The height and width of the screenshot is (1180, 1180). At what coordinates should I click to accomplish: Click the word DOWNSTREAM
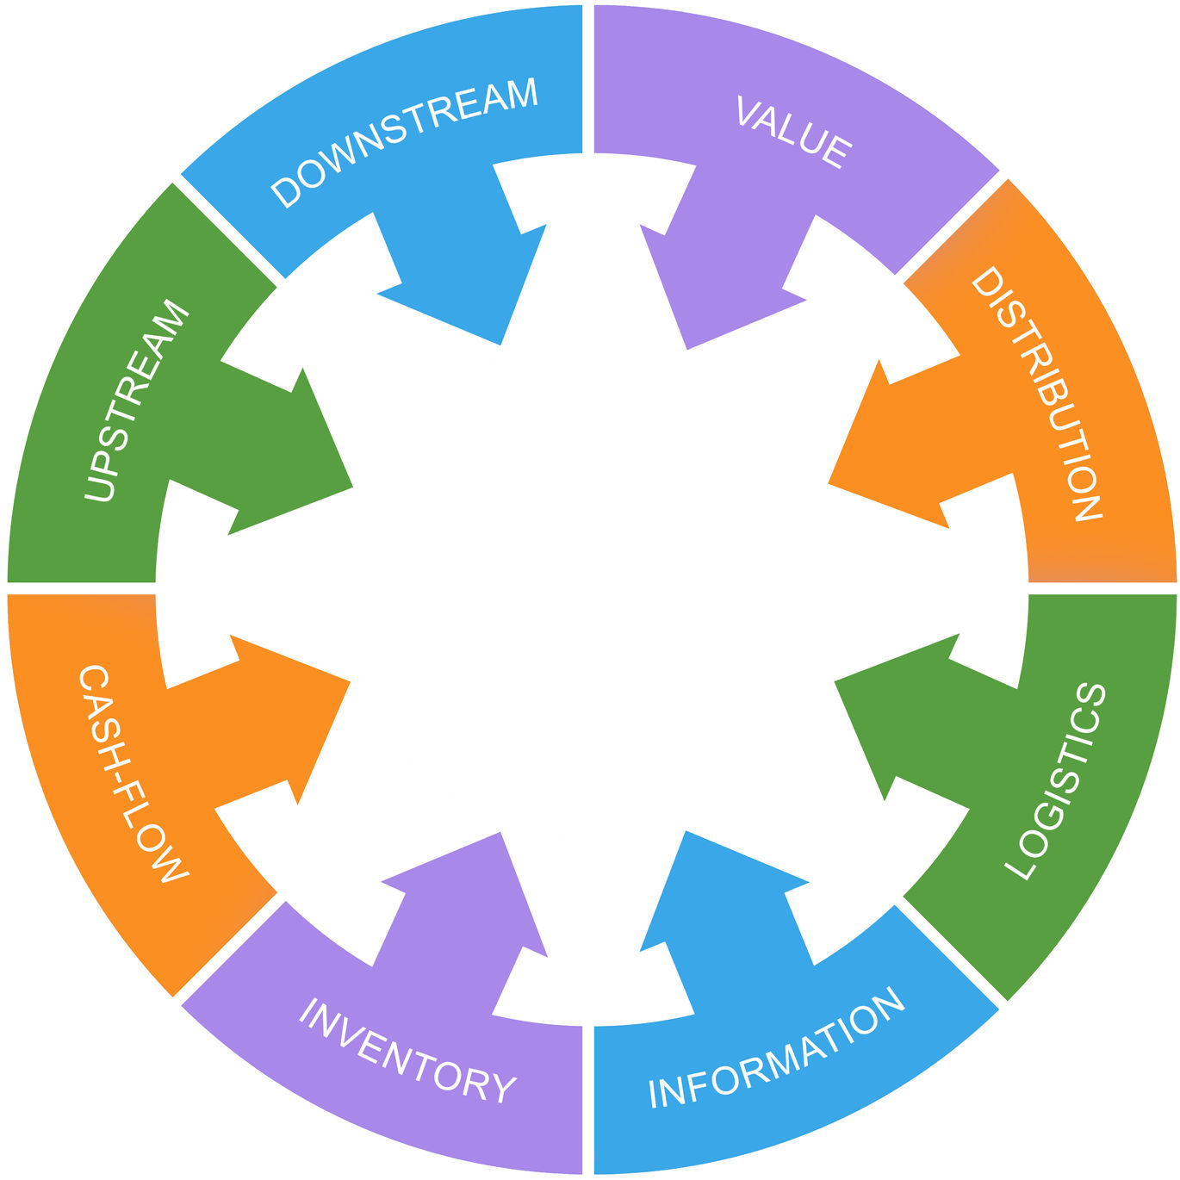pyautogui.click(x=404, y=142)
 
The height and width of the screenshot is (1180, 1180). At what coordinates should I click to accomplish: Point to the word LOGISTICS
pyautogui.click(x=1056, y=780)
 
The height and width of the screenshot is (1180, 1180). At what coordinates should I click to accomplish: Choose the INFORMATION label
pyautogui.click(x=776, y=1050)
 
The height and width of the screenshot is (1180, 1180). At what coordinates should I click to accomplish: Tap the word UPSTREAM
pyautogui.click(x=137, y=401)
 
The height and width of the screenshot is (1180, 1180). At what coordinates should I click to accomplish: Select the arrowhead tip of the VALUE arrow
pyautogui.click(x=687, y=349)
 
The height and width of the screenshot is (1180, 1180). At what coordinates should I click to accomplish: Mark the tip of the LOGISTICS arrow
pyautogui.click(x=835, y=680)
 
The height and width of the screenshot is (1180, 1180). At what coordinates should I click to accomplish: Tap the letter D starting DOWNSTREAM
pyautogui.click(x=287, y=193)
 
